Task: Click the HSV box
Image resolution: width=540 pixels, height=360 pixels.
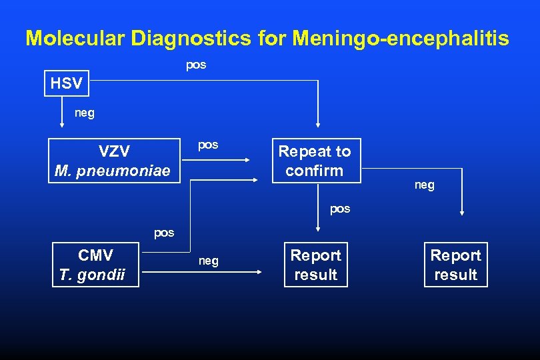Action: click(x=67, y=83)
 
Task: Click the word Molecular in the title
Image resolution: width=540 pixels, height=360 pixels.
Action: click(x=75, y=38)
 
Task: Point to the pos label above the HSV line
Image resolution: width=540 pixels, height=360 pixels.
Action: click(x=196, y=65)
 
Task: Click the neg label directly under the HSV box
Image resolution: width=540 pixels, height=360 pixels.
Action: click(x=85, y=113)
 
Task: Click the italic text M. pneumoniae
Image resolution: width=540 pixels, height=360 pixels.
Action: click(x=113, y=171)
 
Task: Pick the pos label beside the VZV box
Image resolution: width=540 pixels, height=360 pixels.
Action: click(x=208, y=145)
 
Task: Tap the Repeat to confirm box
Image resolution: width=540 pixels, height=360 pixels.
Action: click(x=315, y=161)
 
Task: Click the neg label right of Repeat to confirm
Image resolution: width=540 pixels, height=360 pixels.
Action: click(x=424, y=185)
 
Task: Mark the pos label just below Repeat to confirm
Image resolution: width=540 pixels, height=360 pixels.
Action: click(x=340, y=209)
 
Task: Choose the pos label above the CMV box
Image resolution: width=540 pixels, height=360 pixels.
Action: click(x=164, y=233)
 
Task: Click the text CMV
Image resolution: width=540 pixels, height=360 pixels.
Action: click(x=95, y=255)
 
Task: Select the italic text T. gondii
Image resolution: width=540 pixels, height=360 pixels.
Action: click(x=92, y=275)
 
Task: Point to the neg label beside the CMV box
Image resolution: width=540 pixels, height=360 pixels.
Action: click(x=208, y=261)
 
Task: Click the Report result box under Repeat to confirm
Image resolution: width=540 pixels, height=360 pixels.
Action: click(x=315, y=265)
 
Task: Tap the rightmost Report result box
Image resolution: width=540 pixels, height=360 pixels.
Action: click(x=455, y=265)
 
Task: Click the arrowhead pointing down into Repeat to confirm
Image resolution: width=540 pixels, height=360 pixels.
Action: click(x=318, y=123)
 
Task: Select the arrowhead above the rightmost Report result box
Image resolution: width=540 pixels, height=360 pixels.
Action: click(x=462, y=213)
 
